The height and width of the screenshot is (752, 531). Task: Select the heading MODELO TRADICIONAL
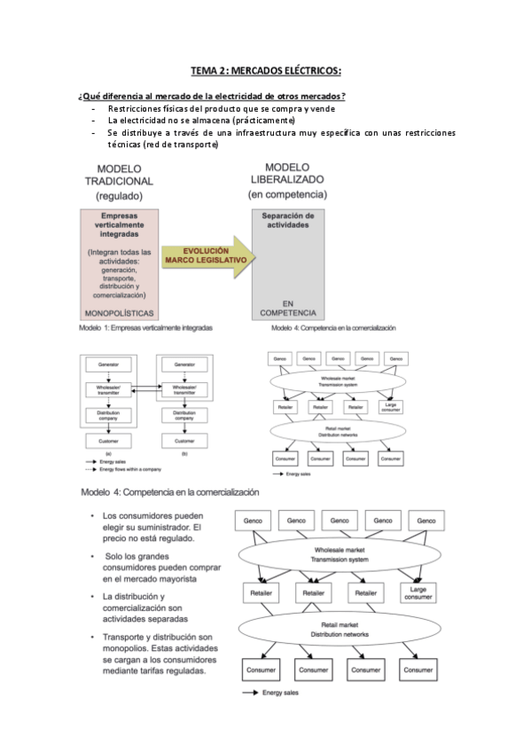[x=120, y=181]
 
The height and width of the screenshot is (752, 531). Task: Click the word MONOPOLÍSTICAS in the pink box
[x=120, y=313]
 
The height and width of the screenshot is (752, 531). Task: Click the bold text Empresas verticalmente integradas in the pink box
[x=120, y=226]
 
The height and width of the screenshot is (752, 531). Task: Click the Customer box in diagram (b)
[x=184, y=440]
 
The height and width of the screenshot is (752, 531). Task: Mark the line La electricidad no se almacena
[x=201, y=121]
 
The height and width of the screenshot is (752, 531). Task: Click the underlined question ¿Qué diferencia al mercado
[x=212, y=96]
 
